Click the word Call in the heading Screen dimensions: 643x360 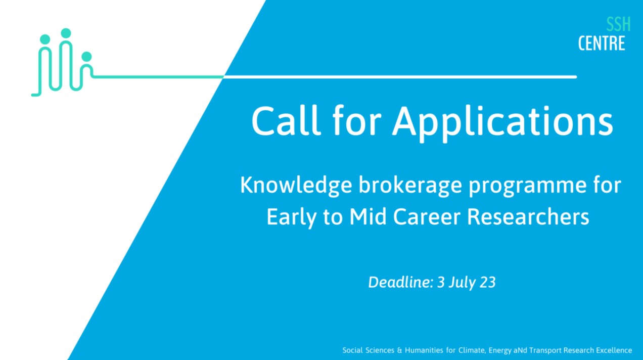click(286, 120)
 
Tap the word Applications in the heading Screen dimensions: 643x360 click(502, 123)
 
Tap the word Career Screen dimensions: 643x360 click(427, 216)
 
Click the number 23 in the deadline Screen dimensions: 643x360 click(488, 282)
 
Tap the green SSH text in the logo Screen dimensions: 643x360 click(618, 24)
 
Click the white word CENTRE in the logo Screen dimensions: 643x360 click(602, 43)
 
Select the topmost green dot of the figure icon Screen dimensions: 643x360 click(66, 33)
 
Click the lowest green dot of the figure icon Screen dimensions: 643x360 click(86, 57)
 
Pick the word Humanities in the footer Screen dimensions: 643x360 click(424, 350)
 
